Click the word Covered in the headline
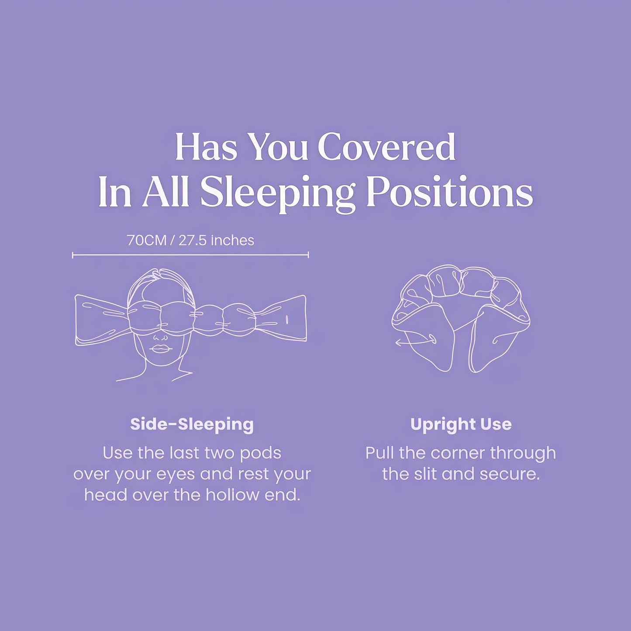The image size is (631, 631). tap(386, 147)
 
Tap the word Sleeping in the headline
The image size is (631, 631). tap(277, 193)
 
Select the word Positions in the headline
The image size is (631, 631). tap(449, 193)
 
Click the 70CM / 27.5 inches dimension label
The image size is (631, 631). tap(190, 240)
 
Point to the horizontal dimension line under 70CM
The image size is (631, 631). tap(190, 255)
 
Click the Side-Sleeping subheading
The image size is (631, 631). tap(192, 424)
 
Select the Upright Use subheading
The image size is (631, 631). tap(461, 424)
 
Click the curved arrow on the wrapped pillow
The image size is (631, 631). tap(415, 341)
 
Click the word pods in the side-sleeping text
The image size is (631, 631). tap(260, 453)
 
